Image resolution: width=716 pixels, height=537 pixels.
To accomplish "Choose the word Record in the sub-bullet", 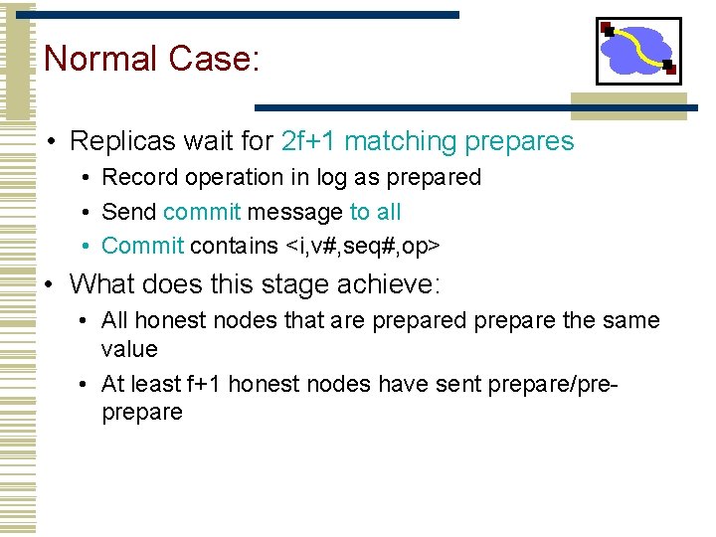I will click(135, 177).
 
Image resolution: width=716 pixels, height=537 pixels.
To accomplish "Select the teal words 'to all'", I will click(375, 212).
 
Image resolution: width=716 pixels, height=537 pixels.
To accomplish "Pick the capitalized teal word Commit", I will click(142, 246).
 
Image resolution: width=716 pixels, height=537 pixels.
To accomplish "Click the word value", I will click(129, 349).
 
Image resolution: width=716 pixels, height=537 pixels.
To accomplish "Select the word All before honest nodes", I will click(114, 320).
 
